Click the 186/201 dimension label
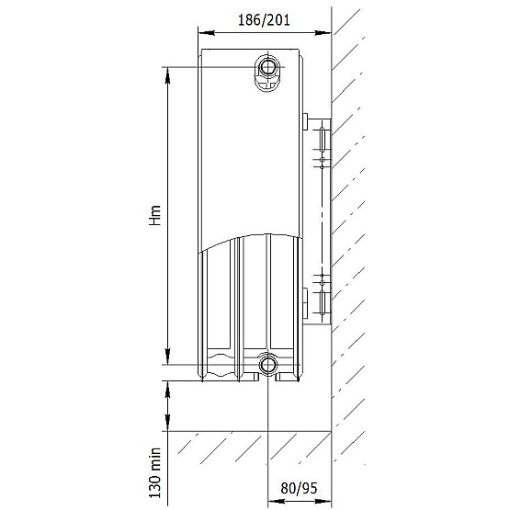[264, 20]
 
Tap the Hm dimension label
[155, 215]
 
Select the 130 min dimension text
[155, 472]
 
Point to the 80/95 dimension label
[299, 488]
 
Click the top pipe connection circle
[267, 67]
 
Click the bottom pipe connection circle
[267, 365]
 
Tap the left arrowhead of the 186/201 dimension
[207, 32]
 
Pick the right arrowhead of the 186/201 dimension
[323, 32]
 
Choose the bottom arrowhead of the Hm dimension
[167, 357]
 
